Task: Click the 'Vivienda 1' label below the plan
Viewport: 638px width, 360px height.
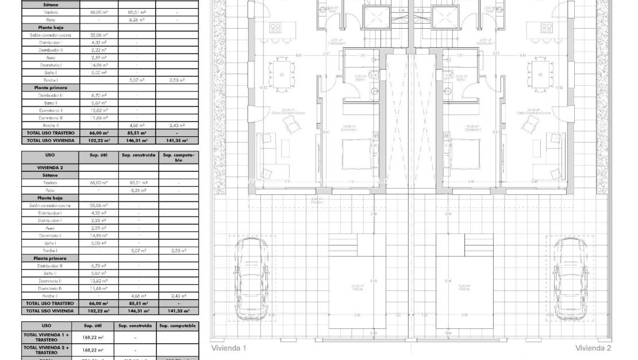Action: [x=229, y=348]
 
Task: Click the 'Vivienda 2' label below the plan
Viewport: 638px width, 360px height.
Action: [x=593, y=348]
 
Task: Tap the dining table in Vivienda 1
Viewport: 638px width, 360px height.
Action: [x=282, y=75]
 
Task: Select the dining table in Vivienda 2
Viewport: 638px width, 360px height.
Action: [x=539, y=75]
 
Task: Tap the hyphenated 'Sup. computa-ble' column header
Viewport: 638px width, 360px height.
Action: [x=178, y=157]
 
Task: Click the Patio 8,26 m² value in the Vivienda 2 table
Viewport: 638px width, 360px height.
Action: [x=137, y=190]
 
